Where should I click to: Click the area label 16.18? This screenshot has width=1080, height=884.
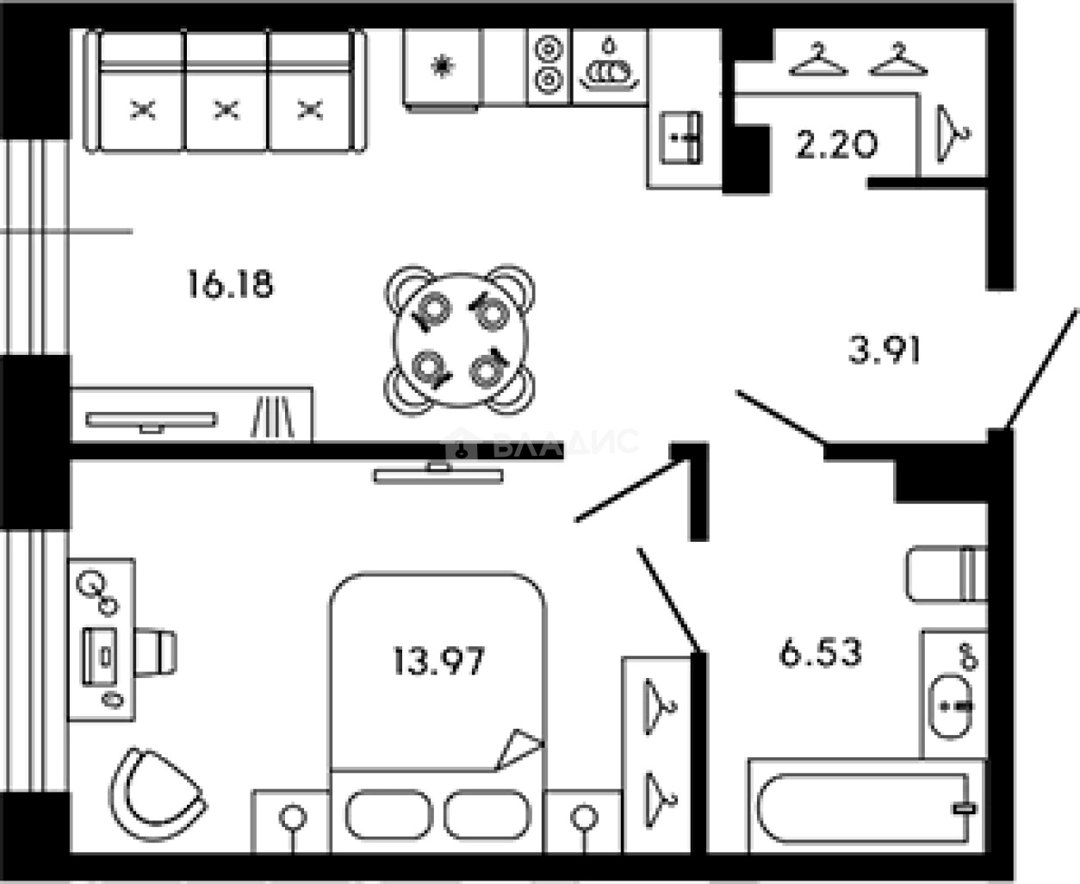(230, 283)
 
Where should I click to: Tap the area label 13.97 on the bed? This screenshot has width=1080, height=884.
(438, 662)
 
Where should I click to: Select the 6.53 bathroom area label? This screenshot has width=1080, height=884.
(820, 652)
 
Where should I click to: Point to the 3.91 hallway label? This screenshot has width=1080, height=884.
(885, 350)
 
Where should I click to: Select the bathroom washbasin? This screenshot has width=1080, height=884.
(953, 705)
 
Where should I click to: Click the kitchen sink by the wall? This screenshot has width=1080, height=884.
(680, 138)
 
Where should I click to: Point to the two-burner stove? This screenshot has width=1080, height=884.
(548, 65)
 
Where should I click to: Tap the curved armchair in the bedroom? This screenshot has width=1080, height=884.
(156, 798)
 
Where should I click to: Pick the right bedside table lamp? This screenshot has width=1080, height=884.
(584, 816)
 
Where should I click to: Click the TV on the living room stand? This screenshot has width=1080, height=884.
(150, 420)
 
